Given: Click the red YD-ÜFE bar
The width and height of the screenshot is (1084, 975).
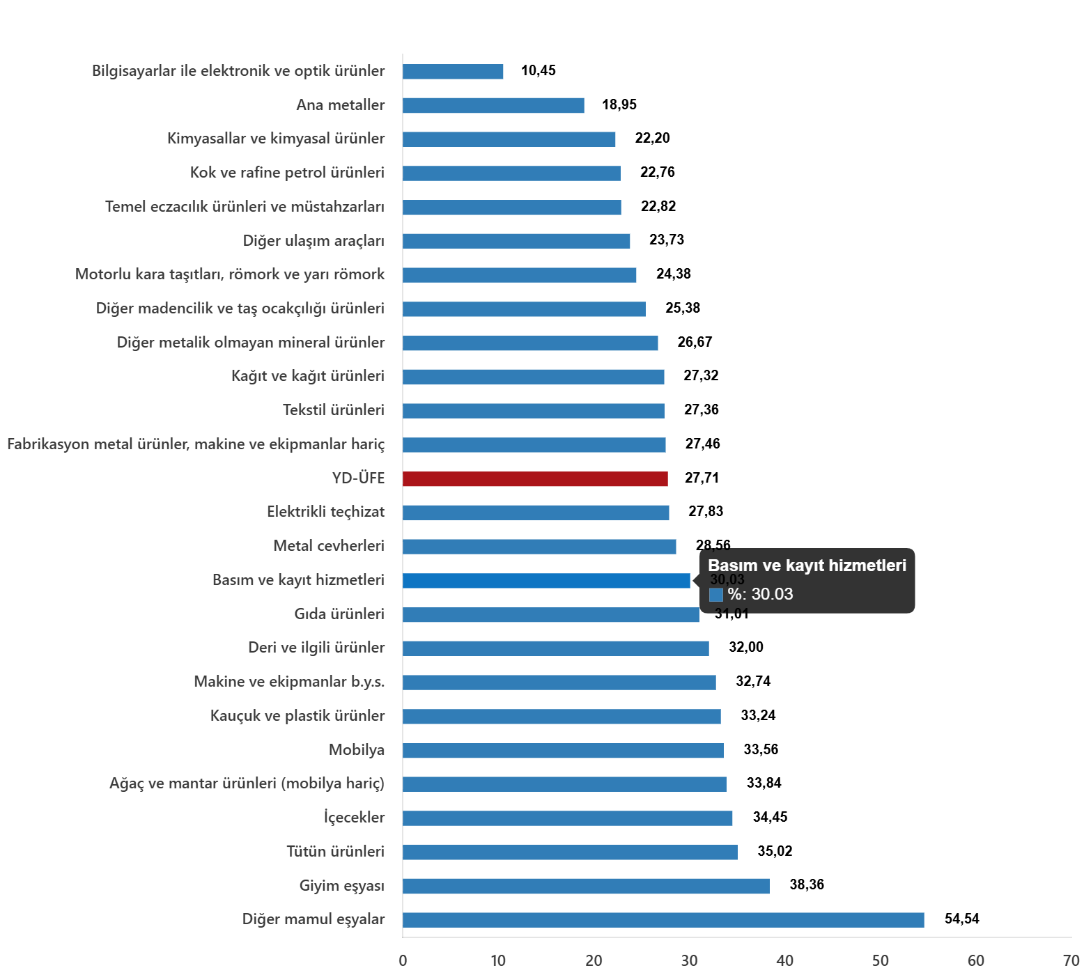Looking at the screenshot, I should [535, 479].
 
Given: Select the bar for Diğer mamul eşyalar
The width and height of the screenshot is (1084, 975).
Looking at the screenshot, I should [663, 920].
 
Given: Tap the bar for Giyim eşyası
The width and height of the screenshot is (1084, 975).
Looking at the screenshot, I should [586, 886].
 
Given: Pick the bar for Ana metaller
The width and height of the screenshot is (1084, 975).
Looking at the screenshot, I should [493, 105].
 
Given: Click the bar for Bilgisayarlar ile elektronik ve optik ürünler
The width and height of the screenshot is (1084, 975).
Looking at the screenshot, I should [453, 72].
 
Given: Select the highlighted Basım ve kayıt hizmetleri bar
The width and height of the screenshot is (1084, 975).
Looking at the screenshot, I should [546, 581].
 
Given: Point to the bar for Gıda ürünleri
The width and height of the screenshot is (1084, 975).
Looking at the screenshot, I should [550, 614].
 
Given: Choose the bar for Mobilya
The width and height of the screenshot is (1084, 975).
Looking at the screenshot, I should [563, 750].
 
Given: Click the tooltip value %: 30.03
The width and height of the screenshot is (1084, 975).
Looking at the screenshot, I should [760, 594].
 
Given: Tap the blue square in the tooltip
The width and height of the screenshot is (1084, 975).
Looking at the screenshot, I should [715, 595].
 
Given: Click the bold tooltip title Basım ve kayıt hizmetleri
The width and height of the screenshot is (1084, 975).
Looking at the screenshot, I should [807, 565].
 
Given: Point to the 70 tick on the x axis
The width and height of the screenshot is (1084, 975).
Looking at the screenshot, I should [1071, 960].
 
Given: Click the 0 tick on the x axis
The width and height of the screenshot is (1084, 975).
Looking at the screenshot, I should [403, 960].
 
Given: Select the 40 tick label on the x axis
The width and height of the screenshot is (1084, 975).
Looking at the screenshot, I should [784, 960].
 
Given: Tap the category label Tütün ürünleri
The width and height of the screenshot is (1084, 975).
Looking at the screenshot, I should [335, 851].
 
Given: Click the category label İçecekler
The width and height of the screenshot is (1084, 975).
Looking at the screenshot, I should [354, 817].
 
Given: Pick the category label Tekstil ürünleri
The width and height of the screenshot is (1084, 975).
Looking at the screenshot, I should [333, 409].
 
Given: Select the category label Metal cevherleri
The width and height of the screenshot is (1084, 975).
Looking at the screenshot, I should [328, 545].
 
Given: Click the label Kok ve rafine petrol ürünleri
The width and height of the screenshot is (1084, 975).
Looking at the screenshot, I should [287, 172].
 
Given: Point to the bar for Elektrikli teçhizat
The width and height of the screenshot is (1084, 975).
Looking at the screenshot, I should [536, 513].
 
